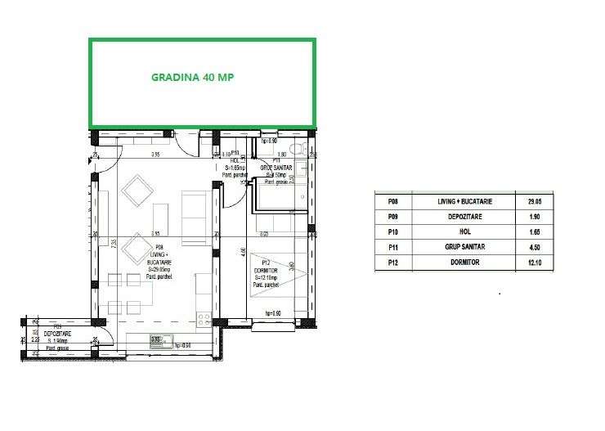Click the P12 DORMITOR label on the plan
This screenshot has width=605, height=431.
267,270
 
